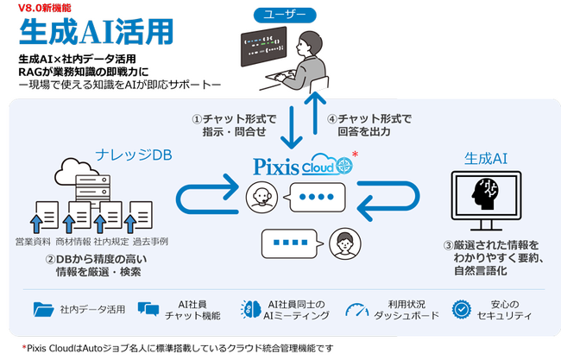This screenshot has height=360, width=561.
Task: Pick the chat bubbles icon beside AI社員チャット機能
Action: coord(149,309)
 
